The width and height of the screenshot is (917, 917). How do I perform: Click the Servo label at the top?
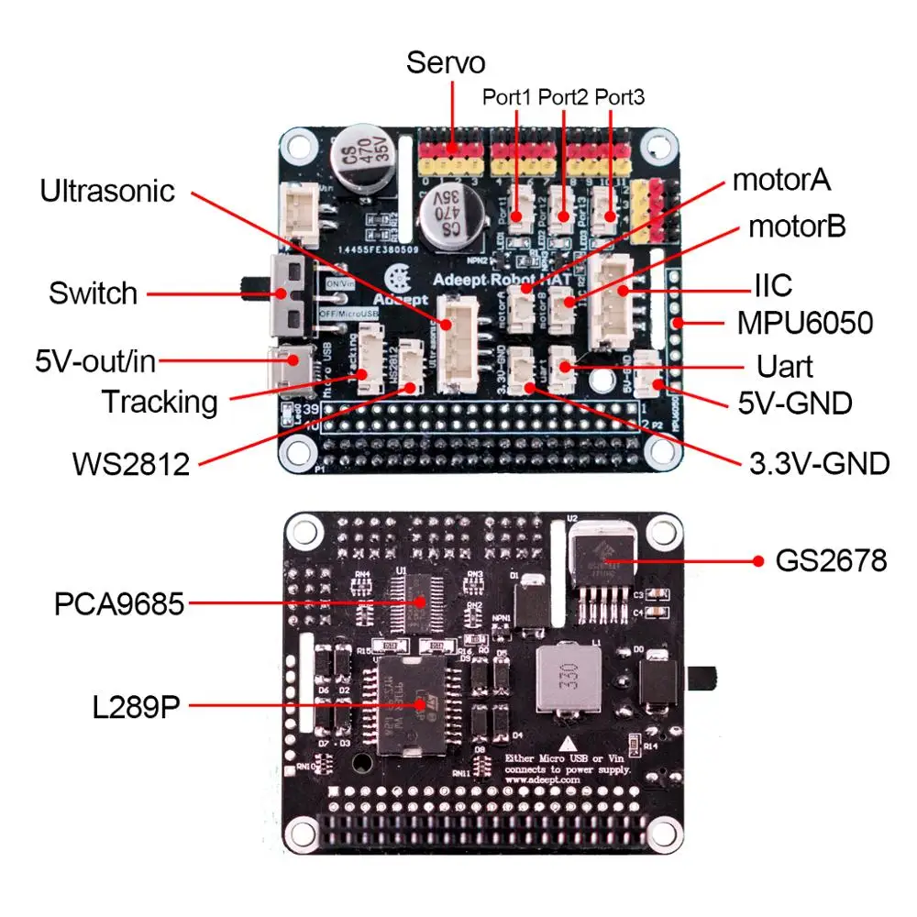[446, 63]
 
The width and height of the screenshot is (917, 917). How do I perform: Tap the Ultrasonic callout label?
[107, 192]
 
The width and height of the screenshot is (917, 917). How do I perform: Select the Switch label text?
[94, 294]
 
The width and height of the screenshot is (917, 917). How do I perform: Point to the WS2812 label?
[131, 463]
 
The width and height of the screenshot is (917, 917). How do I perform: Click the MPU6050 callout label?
[805, 324]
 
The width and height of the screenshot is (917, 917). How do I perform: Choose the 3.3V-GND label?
[819, 464]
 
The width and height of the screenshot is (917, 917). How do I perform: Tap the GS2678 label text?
[832, 559]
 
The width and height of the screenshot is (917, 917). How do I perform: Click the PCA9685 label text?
[119, 604]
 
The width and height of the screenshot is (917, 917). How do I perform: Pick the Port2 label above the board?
[564, 96]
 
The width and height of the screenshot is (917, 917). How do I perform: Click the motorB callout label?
[797, 226]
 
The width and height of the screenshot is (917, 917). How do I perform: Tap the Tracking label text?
[160, 402]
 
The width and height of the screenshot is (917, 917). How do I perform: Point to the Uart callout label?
[785, 366]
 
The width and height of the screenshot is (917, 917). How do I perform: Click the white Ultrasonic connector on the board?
[458, 344]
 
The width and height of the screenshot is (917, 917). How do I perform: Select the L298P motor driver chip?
[410, 704]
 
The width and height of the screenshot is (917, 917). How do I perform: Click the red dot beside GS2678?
[757, 559]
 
